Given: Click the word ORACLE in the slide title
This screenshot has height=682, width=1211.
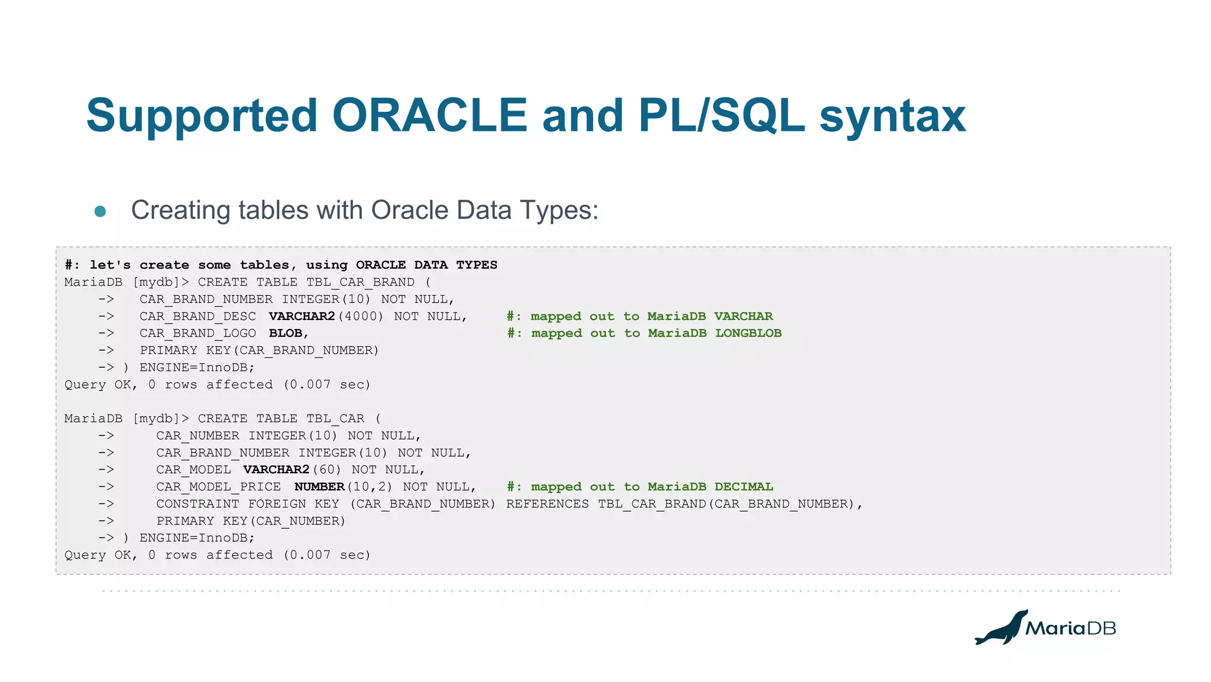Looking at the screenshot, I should [429, 115].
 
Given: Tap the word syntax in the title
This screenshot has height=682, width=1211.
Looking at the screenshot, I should [892, 117].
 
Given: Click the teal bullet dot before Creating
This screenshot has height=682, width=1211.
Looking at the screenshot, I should [100, 211].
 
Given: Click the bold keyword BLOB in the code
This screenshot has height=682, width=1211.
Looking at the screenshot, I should [286, 334].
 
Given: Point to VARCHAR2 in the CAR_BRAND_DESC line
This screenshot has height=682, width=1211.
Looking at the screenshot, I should [302, 316].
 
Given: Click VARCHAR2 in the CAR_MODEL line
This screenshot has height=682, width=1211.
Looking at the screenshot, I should [276, 470].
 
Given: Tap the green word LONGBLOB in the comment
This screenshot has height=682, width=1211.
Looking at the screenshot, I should [748, 334].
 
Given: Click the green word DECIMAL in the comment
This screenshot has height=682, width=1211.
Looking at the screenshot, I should [743, 487].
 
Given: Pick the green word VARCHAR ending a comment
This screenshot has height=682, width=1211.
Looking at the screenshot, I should [743, 316].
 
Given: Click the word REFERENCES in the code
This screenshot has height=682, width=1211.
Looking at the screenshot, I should [548, 504].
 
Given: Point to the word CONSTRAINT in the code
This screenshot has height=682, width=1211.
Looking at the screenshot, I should [197, 504].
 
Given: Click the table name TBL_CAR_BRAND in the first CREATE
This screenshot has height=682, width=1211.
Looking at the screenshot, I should [360, 282].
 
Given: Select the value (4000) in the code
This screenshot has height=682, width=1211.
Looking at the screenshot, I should [360, 316].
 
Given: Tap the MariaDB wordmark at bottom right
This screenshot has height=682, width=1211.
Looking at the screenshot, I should [1070, 628].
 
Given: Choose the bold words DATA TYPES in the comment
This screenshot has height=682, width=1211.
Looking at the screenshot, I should [455, 265].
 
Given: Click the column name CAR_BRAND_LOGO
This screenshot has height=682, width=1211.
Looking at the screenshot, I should [197, 334].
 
